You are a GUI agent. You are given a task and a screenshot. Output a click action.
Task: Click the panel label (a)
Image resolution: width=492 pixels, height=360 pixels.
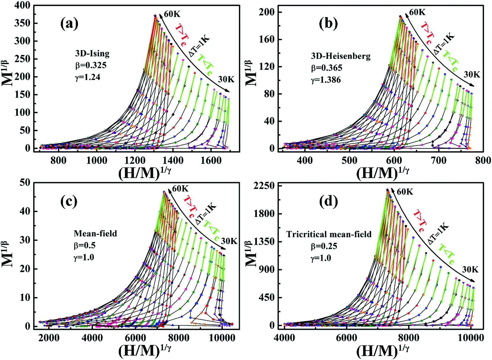[x=69, y=24]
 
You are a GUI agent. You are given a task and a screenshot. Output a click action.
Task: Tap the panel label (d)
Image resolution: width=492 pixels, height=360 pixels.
[x=328, y=201]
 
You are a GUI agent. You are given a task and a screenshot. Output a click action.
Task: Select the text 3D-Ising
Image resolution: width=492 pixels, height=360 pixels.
[x=92, y=53]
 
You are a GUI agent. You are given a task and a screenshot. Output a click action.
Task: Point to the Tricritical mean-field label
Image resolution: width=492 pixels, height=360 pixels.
[x=329, y=234]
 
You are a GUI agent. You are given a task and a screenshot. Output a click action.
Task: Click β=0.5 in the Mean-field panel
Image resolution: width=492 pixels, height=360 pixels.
[x=85, y=246]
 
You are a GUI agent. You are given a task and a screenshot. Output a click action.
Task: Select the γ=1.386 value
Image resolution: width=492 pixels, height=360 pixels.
[x=326, y=80]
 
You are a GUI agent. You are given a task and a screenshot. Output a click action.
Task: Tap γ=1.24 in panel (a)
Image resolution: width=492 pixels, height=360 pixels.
[x=87, y=77]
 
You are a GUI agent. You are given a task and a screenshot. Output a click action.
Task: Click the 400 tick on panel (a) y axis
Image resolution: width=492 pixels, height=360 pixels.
[x=22, y=5]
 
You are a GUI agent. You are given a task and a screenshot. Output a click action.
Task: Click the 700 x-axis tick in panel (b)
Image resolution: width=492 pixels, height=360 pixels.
[x=438, y=160]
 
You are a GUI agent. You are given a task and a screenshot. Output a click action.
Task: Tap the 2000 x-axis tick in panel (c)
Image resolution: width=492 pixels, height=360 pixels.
[x=49, y=338]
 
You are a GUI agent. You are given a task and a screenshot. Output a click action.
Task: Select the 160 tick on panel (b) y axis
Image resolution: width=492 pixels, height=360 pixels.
[x=266, y=39]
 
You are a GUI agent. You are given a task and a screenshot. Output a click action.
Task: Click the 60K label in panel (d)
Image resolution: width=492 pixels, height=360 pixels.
[x=405, y=192]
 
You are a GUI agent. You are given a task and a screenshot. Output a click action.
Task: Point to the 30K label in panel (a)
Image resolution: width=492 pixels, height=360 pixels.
[x=226, y=79]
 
